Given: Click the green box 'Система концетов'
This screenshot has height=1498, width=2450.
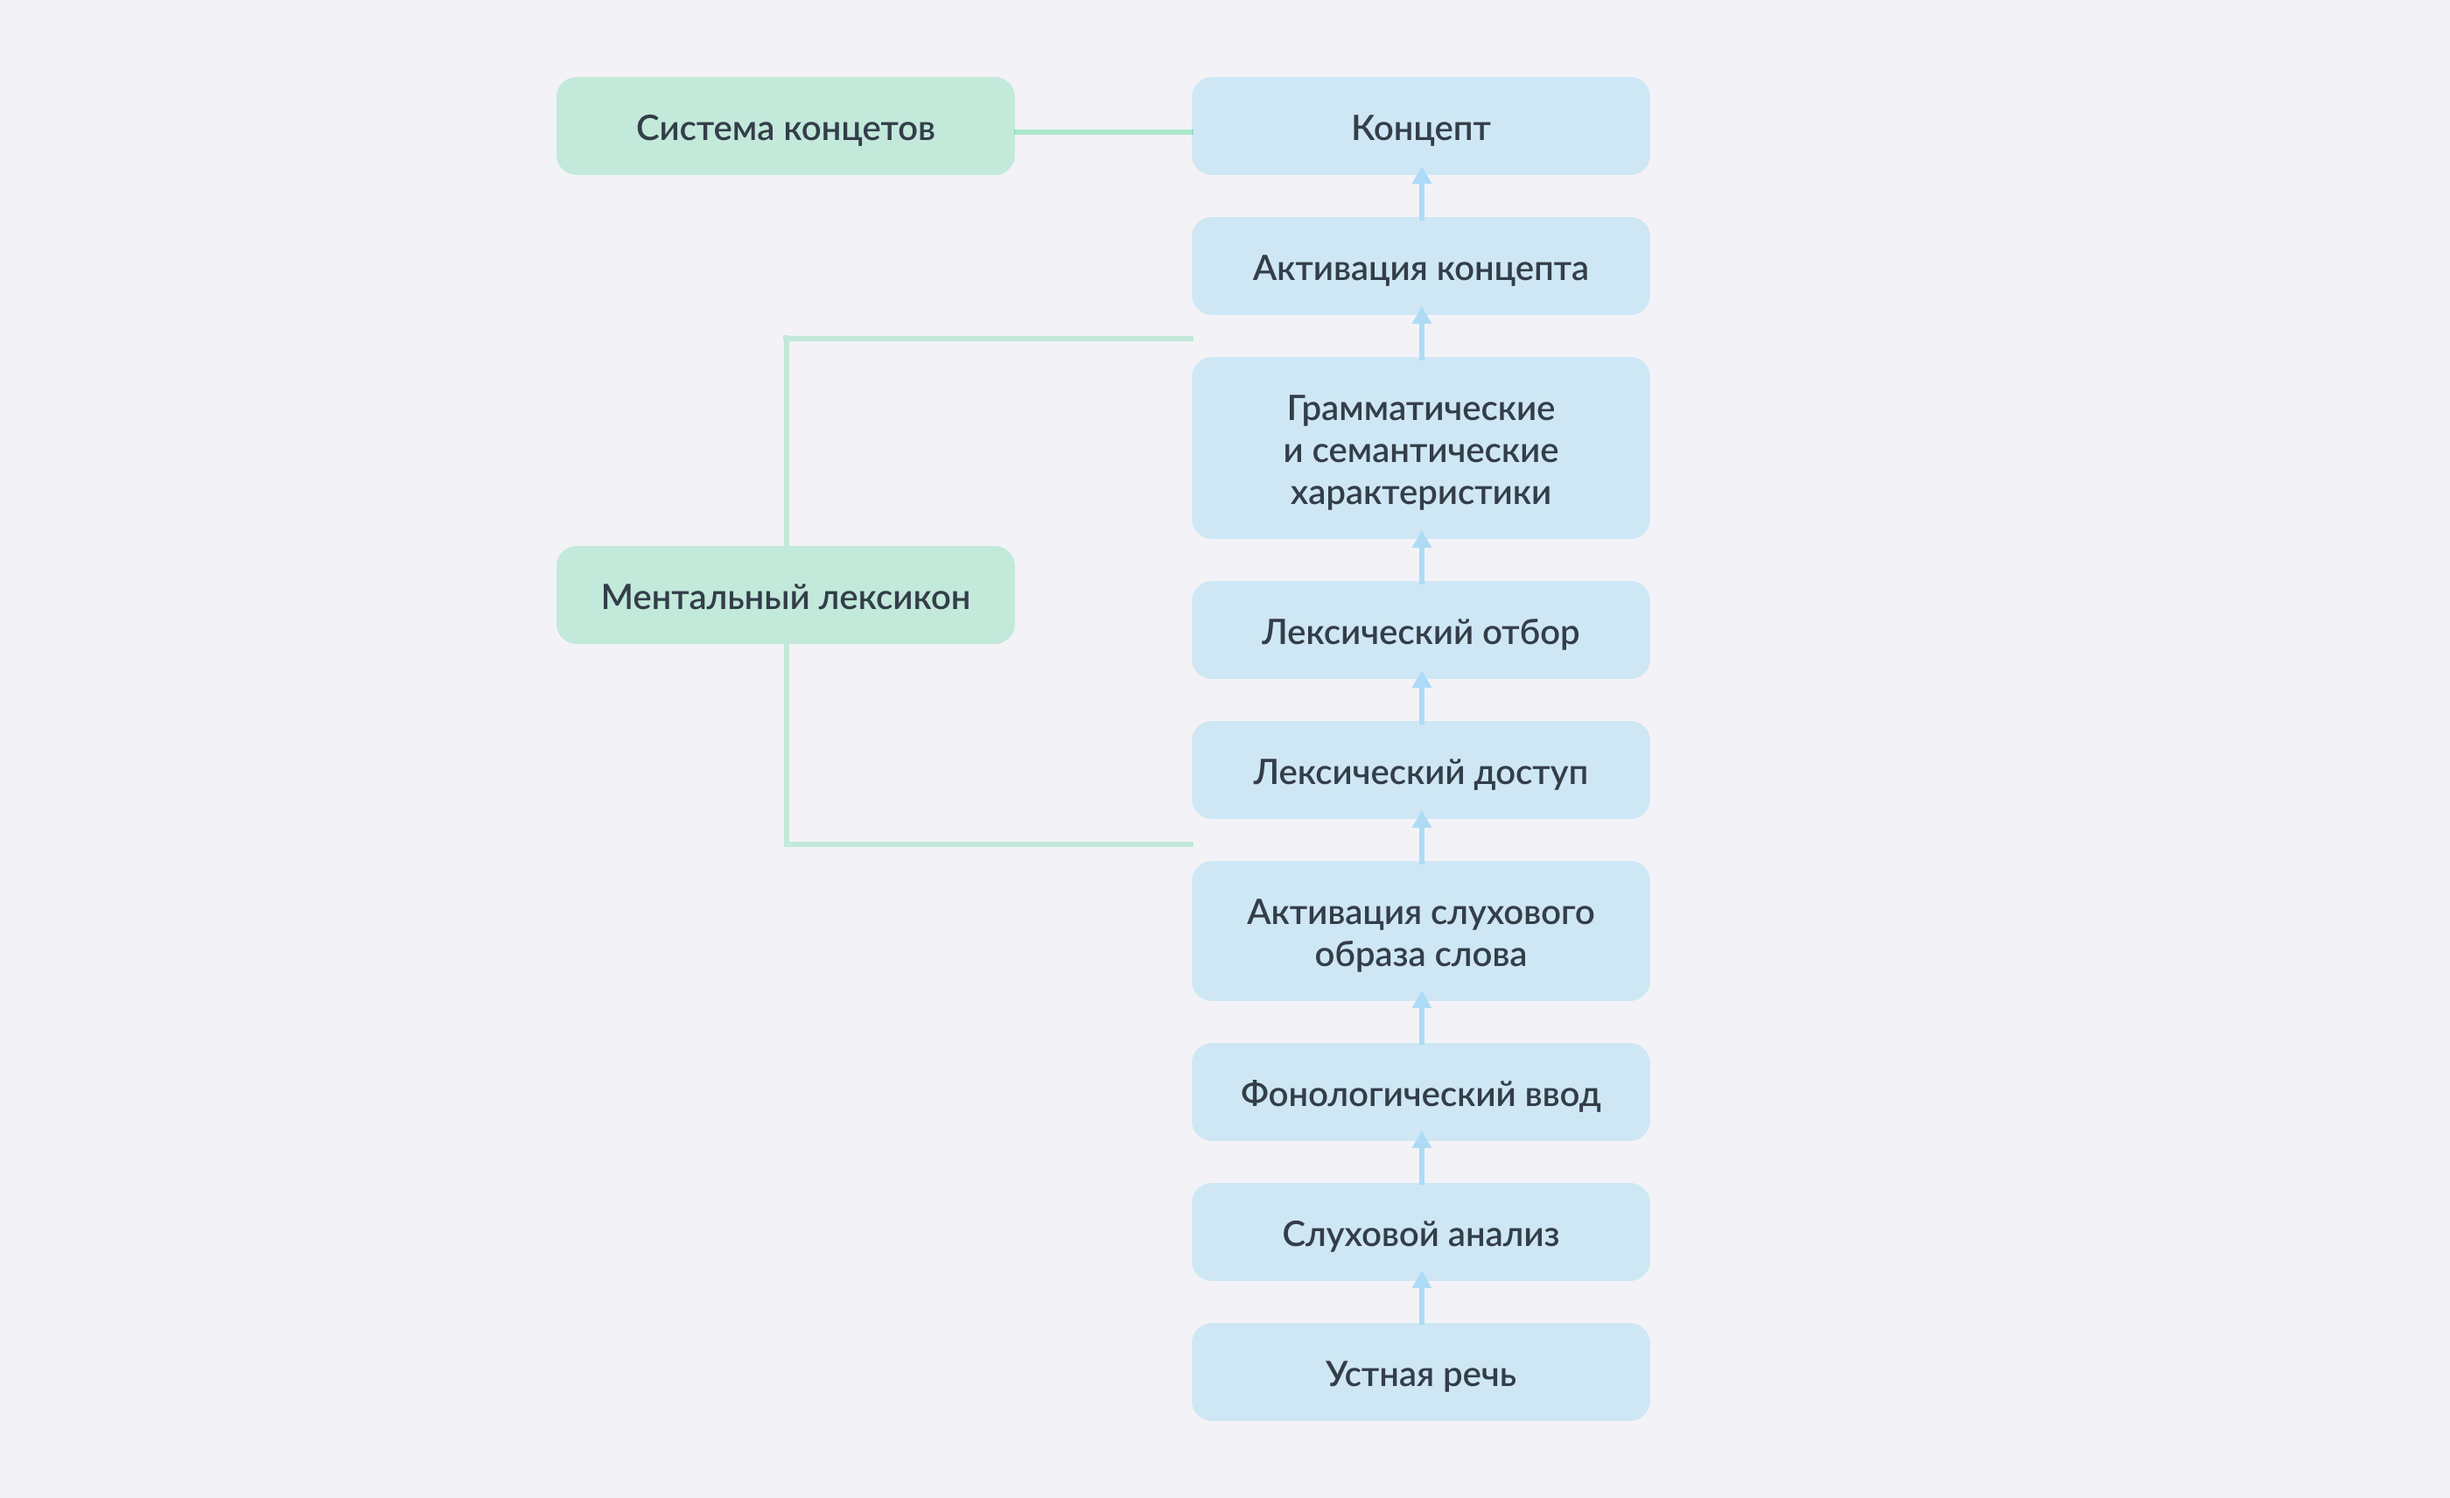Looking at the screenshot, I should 785,126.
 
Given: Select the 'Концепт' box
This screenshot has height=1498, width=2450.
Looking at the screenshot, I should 1420,126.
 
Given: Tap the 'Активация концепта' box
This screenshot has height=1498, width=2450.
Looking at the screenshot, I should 1420,266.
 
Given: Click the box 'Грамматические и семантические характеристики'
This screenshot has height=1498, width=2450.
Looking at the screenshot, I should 1420,448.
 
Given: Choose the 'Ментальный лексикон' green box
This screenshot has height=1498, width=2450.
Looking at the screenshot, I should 785,595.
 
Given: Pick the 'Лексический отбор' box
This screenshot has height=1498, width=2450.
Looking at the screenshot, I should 1420,630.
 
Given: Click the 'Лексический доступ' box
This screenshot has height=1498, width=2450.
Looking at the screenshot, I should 1420,770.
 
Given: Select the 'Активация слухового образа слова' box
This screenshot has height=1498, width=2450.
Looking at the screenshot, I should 1420,931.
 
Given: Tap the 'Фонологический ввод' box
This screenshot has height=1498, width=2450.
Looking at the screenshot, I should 1420,1092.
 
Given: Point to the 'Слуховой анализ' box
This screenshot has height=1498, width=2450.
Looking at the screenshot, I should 1420,1233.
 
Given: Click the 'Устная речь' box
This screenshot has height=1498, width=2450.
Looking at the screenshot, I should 1420,1373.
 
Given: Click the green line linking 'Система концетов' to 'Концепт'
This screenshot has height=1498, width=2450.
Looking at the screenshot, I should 1102,131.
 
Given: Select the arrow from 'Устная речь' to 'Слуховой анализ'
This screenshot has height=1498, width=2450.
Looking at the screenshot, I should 1422,1302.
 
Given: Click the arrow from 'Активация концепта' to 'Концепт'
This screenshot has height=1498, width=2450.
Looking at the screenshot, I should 1422,197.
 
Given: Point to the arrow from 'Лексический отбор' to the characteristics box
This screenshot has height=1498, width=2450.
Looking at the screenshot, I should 1422,561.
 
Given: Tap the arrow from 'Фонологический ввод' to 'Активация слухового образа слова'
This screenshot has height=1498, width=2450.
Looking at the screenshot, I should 1422,1022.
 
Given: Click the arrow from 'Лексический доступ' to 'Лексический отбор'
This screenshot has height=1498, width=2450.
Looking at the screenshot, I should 1422,701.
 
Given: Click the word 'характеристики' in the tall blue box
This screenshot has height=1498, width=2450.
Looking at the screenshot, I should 1420,493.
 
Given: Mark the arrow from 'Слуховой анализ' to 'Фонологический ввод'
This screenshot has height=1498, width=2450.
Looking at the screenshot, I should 1422,1162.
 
